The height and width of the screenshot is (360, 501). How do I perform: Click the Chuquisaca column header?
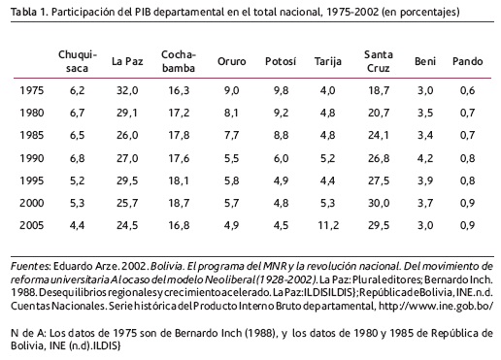click(78, 61)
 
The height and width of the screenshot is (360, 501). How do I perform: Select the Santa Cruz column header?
click(379, 61)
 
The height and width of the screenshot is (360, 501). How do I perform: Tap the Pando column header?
click(467, 61)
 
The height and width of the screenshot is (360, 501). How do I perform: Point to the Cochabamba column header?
click(179, 61)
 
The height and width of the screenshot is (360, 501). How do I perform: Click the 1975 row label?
click(32, 90)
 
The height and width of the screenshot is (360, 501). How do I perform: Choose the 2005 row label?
click(32, 225)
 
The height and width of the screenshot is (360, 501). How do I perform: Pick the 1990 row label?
click(32, 158)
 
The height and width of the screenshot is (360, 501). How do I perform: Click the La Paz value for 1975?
click(127, 90)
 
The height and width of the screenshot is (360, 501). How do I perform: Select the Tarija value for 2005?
click(328, 225)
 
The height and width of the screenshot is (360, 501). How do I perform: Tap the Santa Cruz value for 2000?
click(379, 203)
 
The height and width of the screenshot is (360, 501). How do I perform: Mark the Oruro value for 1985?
click(231, 135)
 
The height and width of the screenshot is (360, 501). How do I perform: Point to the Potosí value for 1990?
click(281, 158)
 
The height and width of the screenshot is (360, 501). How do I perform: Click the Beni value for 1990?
click(425, 158)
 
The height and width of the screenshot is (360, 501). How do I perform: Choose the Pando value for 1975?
click(467, 90)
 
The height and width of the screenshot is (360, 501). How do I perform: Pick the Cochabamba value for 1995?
click(179, 180)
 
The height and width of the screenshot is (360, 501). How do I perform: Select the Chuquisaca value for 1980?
click(78, 113)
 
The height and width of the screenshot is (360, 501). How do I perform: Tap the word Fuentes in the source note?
click(30, 266)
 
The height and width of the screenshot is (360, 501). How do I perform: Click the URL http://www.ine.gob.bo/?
click(436, 306)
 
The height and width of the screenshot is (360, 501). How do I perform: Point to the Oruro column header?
click(231, 61)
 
